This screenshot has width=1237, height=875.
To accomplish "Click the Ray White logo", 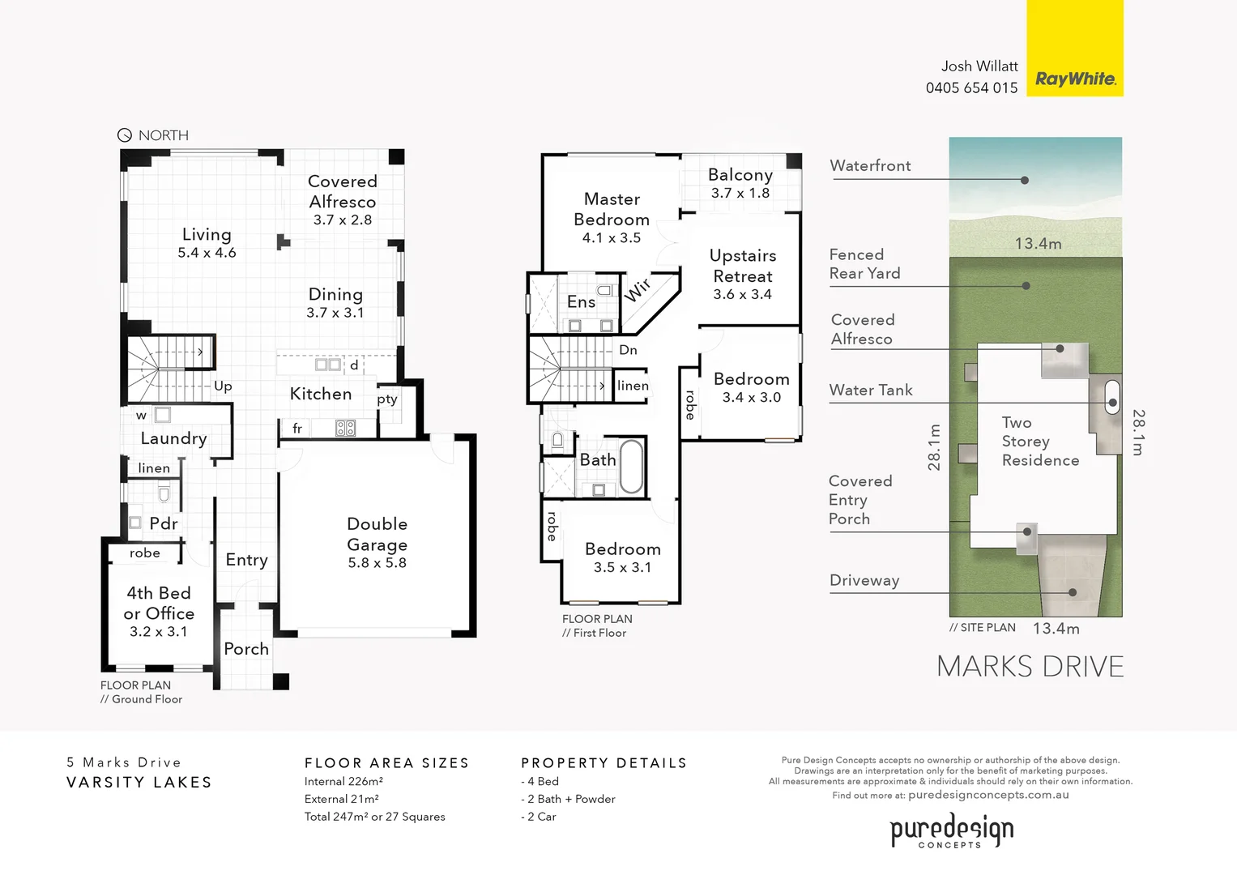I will [x=1075, y=79].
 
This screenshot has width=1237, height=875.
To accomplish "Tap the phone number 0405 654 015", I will [x=971, y=87].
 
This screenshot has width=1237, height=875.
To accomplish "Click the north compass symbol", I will [x=125, y=135].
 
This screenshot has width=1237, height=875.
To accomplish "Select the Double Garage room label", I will [x=377, y=535].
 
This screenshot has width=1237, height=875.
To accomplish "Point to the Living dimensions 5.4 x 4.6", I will [x=207, y=253].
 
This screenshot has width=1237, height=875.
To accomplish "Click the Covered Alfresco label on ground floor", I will [x=342, y=191].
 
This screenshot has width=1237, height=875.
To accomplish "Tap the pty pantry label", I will [x=387, y=399].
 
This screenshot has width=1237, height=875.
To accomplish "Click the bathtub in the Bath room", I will [x=631, y=466].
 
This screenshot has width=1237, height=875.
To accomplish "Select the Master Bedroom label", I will [x=612, y=209].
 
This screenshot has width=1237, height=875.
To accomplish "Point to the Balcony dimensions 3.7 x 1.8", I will [x=740, y=193].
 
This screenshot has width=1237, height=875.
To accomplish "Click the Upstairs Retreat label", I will [x=743, y=266].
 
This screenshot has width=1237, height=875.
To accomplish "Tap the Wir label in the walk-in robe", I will [x=638, y=289].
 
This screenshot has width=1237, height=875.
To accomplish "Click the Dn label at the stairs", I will [x=629, y=350].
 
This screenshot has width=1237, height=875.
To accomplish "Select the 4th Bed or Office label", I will [x=159, y=603].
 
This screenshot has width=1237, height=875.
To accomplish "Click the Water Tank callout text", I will [x=871, y=390].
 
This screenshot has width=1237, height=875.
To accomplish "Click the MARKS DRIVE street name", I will [x=1030, y=667].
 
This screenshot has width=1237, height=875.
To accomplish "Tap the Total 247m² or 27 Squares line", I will [x=374, y=817].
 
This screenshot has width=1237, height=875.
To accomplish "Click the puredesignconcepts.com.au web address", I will [x=988, y=795].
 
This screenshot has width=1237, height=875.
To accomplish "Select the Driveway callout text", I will [x=864, y=580].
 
